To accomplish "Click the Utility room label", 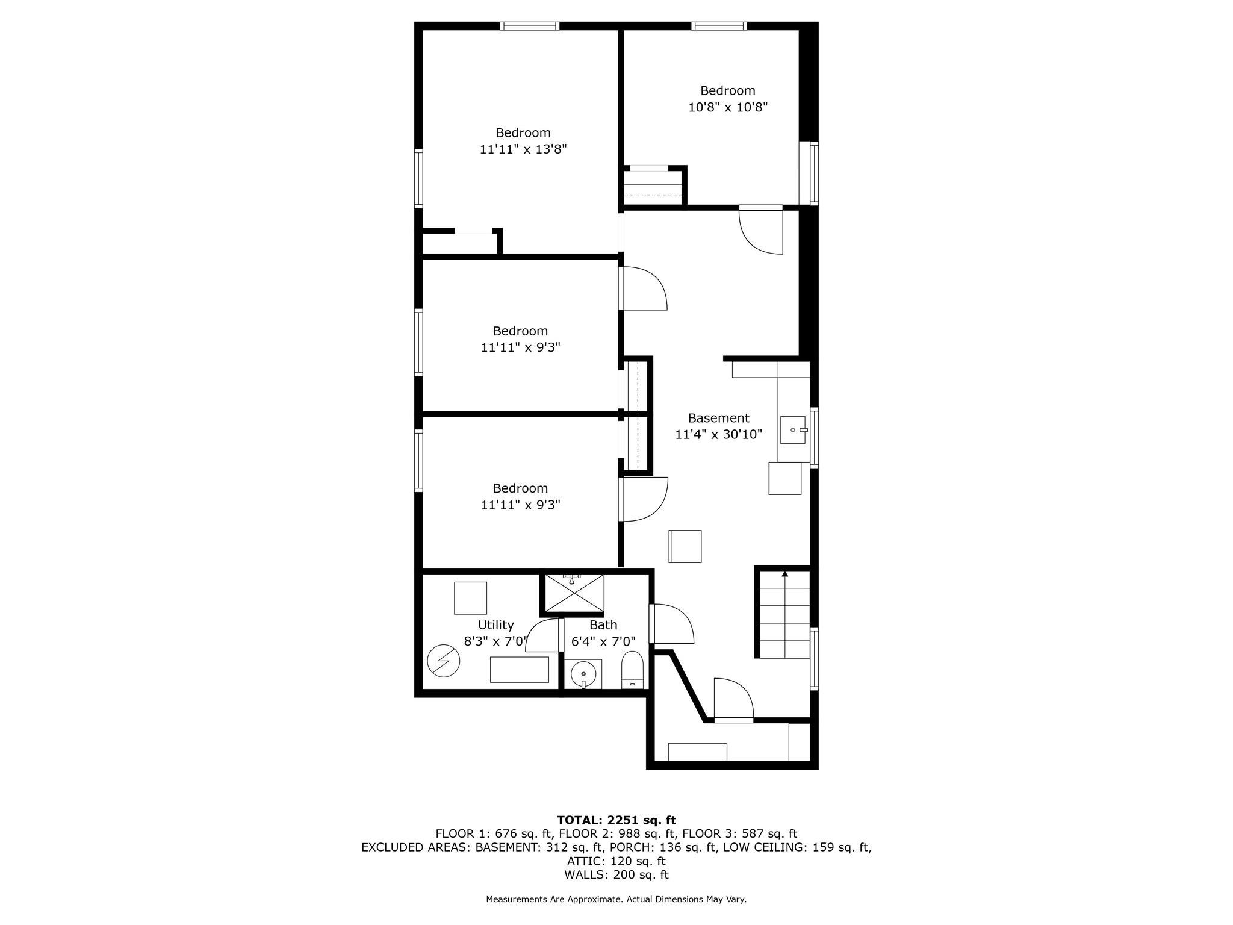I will coord(495,624).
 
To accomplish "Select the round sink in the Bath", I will coord(583,674).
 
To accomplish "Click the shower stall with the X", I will coord(574,593).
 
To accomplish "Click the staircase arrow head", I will coord(784,574).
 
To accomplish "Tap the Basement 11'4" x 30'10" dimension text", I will coord(718,434).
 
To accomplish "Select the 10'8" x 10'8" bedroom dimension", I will coord(728,107).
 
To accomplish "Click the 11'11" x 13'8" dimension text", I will coord(523,149).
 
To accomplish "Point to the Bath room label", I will coord(603,625).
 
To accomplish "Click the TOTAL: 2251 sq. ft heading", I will coord(616,820).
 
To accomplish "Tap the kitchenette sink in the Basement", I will coord(793,429).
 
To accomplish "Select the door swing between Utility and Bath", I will coord(544,635).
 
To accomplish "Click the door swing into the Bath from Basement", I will coord(673,624).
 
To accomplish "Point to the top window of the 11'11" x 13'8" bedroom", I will coord(530,26).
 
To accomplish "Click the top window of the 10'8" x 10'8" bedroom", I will coord(719,26).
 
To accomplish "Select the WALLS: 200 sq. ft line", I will coord(616,875).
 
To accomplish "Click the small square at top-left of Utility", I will coord(470,597).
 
